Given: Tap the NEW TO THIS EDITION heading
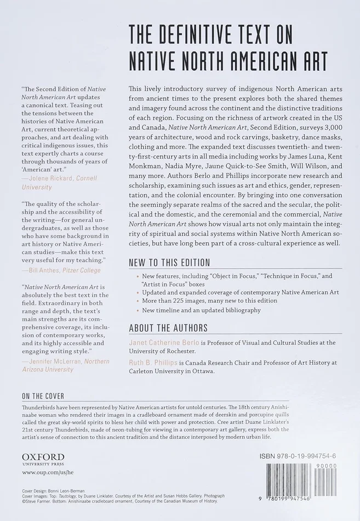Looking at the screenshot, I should click(x=169, y=263).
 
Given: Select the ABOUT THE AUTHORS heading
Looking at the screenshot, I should click(x=168, y=328).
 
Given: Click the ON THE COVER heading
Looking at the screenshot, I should click(x=43, y=396).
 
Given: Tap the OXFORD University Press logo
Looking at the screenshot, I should click(x=43, y=459).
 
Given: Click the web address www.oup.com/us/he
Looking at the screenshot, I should click(x=48, y=472).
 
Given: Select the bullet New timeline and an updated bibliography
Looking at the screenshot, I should click(x=201, y=310).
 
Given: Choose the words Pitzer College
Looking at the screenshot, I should click(x=85, y=270).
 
